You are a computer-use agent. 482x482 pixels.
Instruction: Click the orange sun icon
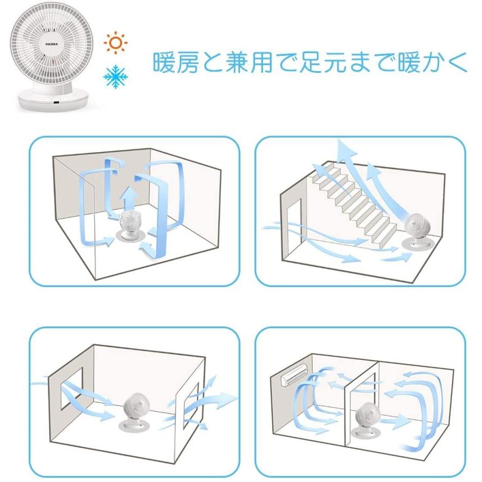pyautogui.click(x=115, y=42)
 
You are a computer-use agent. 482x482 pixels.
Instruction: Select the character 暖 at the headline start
pyautogui.click(x=165, y=63)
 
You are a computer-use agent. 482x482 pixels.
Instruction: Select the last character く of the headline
pyautogui.click(x=457, y=63)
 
